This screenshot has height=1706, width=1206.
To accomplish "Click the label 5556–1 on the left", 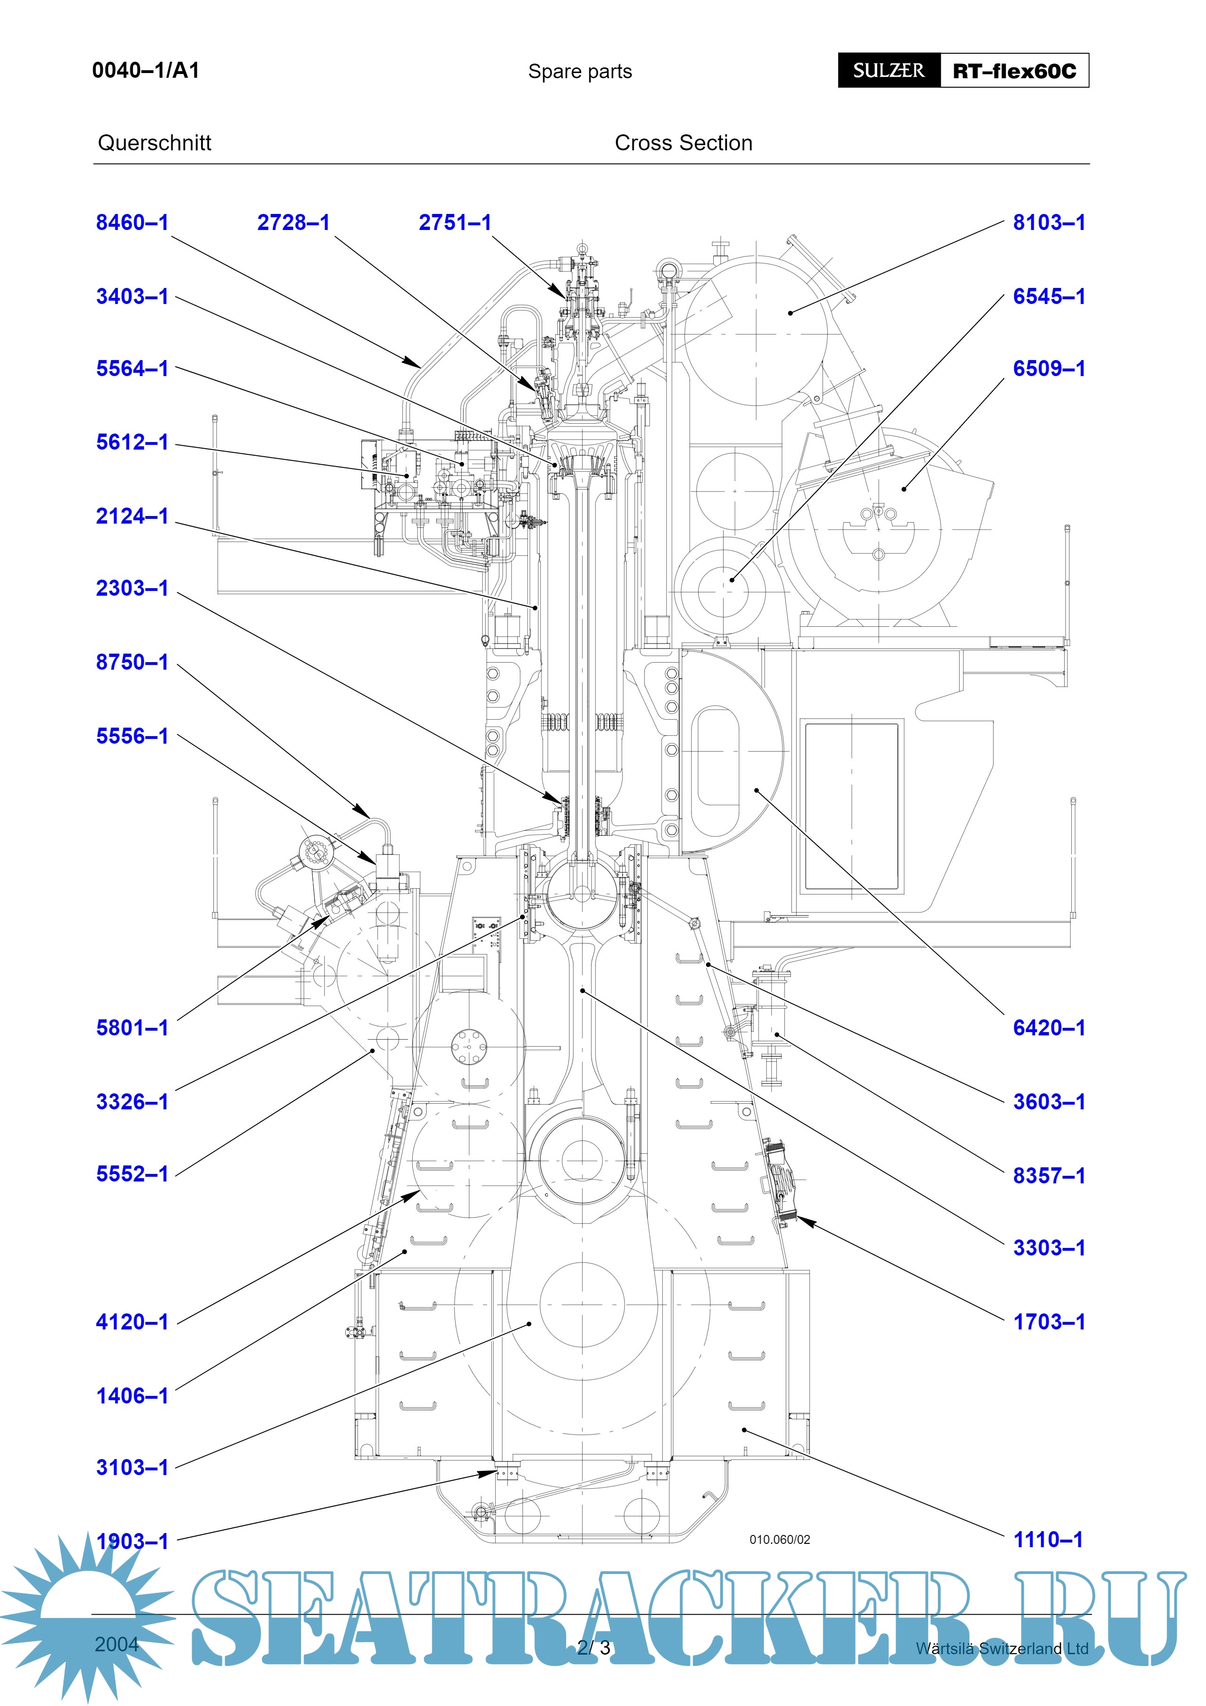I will (x=132, y=736).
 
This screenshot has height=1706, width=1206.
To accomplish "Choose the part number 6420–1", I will (x=1049, y=1028).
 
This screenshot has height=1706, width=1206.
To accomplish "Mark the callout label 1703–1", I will (x=1049, y=1322).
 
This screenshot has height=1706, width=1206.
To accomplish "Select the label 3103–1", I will (x=132, y=1468).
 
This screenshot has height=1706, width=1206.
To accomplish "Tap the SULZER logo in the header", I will (x=889, y=71).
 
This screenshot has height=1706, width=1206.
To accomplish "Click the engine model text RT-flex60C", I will (x=1014, y=71).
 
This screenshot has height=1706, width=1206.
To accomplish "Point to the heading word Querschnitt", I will (x=155, y=143).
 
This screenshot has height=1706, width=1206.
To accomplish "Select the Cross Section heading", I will (x=683, y=143).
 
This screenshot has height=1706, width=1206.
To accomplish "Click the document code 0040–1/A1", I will (x=146, y=71).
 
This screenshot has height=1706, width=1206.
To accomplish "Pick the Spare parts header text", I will (x=580, y=71).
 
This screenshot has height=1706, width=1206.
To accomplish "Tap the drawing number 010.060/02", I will (x=780, y=1540).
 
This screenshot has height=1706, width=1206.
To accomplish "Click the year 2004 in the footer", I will (x=116, y=1644).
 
